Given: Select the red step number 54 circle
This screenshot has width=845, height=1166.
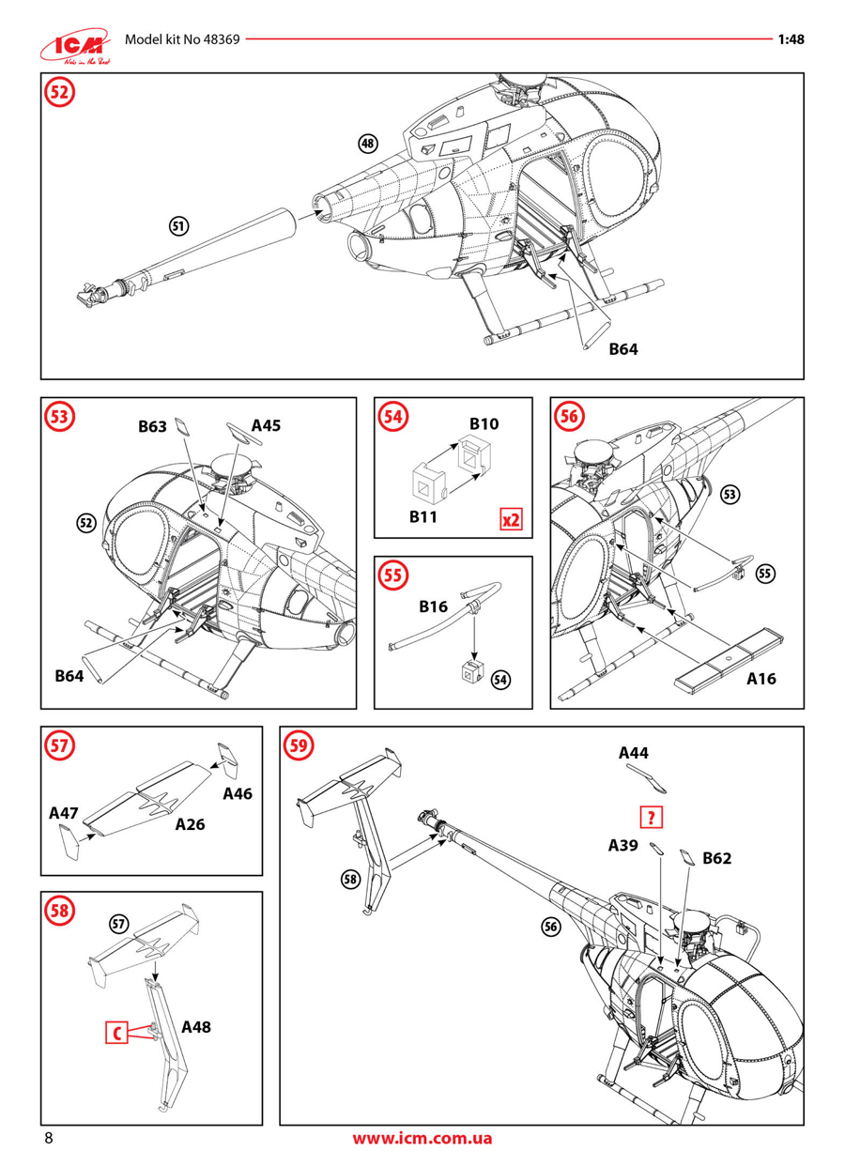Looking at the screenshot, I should click(393, 415).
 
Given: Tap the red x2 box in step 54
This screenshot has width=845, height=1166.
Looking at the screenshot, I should click(510, 519).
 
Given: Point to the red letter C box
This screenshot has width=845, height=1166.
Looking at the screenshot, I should click(116, 1033).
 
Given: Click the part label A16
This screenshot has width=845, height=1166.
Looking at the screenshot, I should click(761, 679).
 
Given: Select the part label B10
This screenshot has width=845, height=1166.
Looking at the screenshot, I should click(484, 424).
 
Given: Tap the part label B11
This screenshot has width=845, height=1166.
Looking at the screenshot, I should click(424, 516).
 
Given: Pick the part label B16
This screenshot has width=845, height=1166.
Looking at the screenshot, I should click(433, 607).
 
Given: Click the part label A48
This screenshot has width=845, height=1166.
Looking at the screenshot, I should click(196, 1027).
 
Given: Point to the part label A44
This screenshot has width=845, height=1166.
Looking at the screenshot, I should click(633, 753).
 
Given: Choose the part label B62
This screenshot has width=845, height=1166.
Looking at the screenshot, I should click(716, 857).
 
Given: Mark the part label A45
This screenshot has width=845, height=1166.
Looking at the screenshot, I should click(266, 425).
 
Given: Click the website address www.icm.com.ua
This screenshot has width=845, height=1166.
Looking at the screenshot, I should click(422, 1139).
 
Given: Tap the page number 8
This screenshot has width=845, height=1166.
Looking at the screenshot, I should click(48, 1139).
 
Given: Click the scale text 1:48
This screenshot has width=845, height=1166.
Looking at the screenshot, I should click(791, 40).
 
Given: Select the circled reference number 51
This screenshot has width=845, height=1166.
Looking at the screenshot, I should click(178, 225).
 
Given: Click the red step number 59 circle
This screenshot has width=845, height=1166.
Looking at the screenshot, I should click(300, 745).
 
